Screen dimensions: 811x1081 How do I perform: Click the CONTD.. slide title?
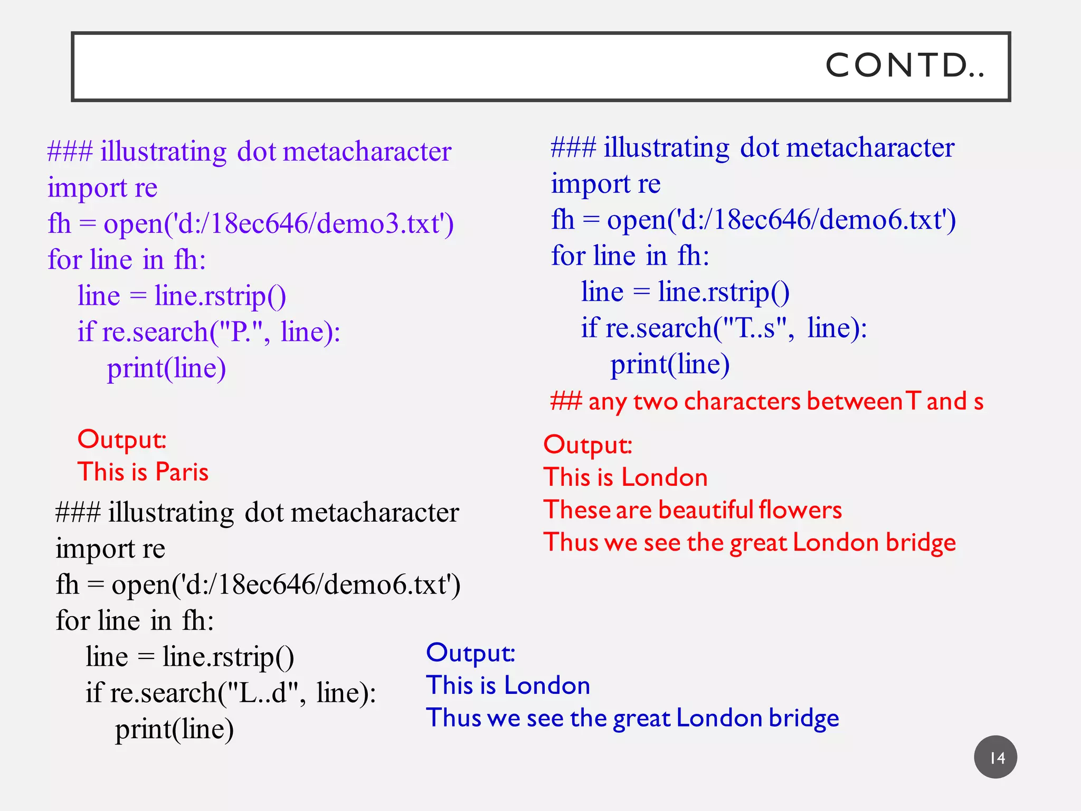point(904,66)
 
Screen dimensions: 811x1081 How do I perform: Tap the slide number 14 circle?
point(995,757)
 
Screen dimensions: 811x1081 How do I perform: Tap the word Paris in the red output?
point(182,471)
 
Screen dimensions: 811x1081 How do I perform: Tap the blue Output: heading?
point(470,653)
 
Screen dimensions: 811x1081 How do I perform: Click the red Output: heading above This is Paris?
point(122,439)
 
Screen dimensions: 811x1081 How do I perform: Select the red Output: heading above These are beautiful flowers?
point(587,445)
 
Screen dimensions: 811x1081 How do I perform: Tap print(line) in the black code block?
point(174,729)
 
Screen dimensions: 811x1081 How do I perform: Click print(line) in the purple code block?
point(166,368)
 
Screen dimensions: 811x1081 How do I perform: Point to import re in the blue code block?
point(605,184)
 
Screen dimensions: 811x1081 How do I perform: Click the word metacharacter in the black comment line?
point(374,513)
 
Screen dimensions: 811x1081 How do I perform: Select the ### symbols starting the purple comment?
point(70,152)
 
